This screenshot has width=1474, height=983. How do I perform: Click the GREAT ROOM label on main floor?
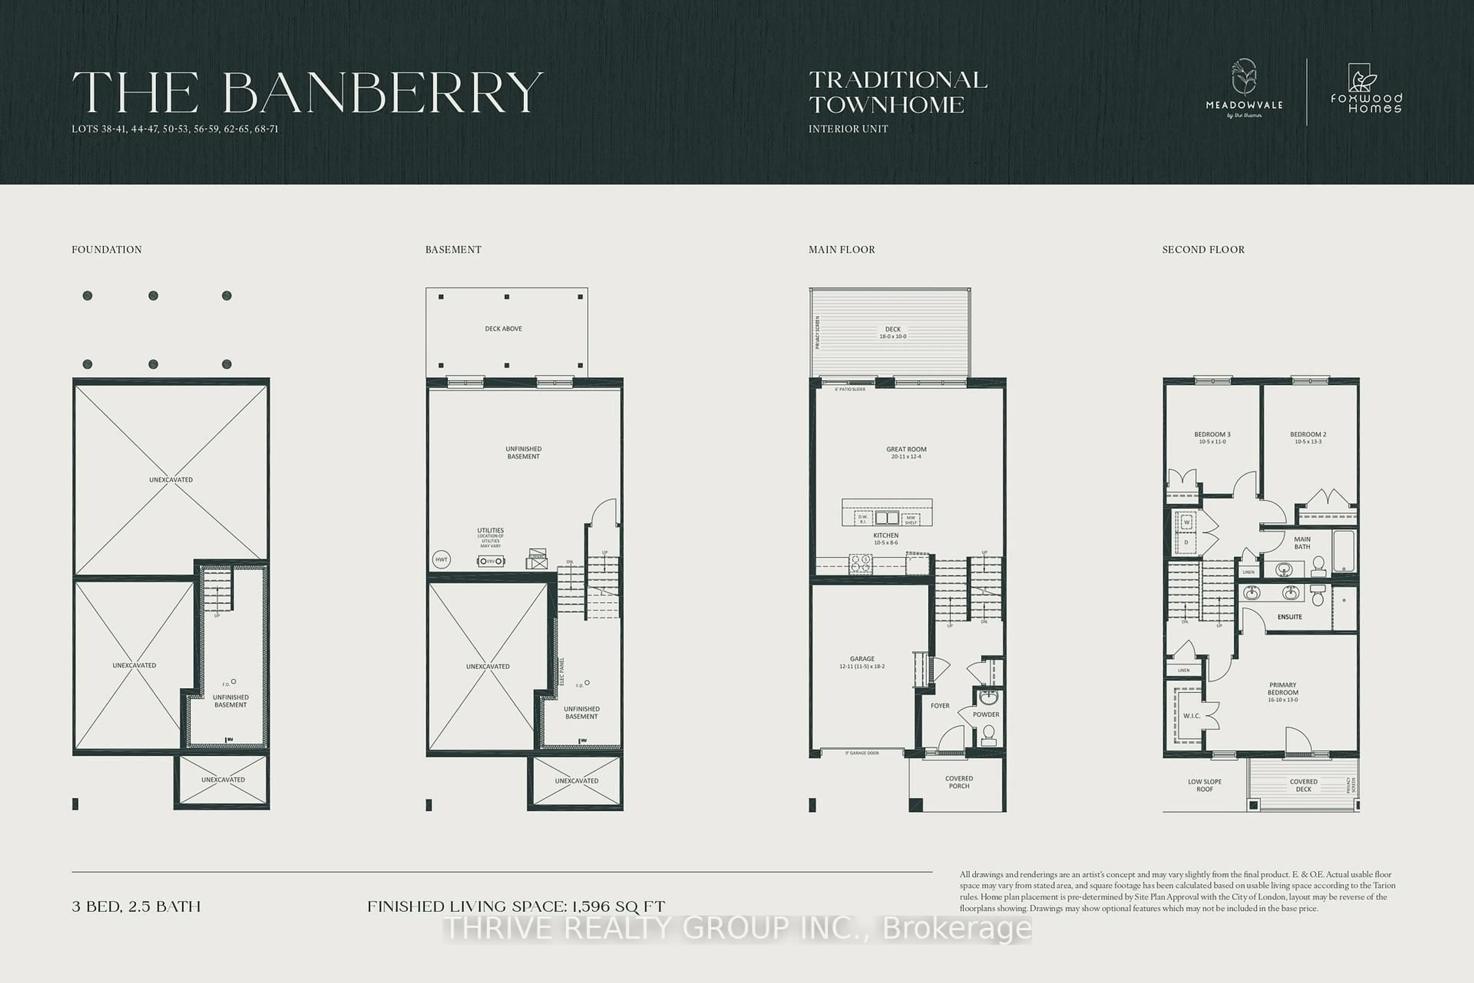tap(906, 450)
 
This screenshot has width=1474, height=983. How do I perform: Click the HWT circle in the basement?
tap(441, 559)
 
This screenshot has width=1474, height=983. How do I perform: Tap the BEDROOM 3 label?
tap(1212, 434)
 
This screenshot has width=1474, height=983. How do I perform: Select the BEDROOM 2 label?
tap(1308, 434)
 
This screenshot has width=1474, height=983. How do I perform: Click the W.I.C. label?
tap(1191, 716)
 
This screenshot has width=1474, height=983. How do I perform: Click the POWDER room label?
tap(986, 715)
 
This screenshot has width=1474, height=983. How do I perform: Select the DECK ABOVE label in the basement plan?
tap(503, 329)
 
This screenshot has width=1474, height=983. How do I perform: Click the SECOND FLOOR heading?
tap(1203, 250)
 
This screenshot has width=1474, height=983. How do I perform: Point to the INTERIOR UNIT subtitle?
tap(848, 129)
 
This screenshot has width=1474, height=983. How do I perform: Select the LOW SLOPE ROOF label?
tap(1205, 786)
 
